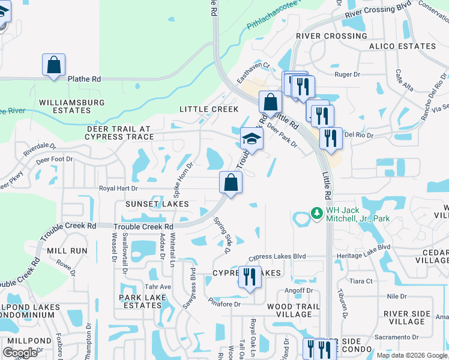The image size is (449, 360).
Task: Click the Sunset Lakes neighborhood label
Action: coord(157,204)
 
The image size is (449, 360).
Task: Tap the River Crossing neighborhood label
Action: coord(331,36)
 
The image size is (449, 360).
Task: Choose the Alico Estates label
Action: coord(402,46)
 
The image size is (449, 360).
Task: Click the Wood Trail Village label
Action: coord(290,310)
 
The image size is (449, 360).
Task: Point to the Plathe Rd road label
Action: coord(84,79)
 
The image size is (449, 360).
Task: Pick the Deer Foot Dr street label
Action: coord(54,160)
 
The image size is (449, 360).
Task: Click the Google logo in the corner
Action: coord(20,352)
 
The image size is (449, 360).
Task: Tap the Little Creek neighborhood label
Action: coord(209,109)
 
